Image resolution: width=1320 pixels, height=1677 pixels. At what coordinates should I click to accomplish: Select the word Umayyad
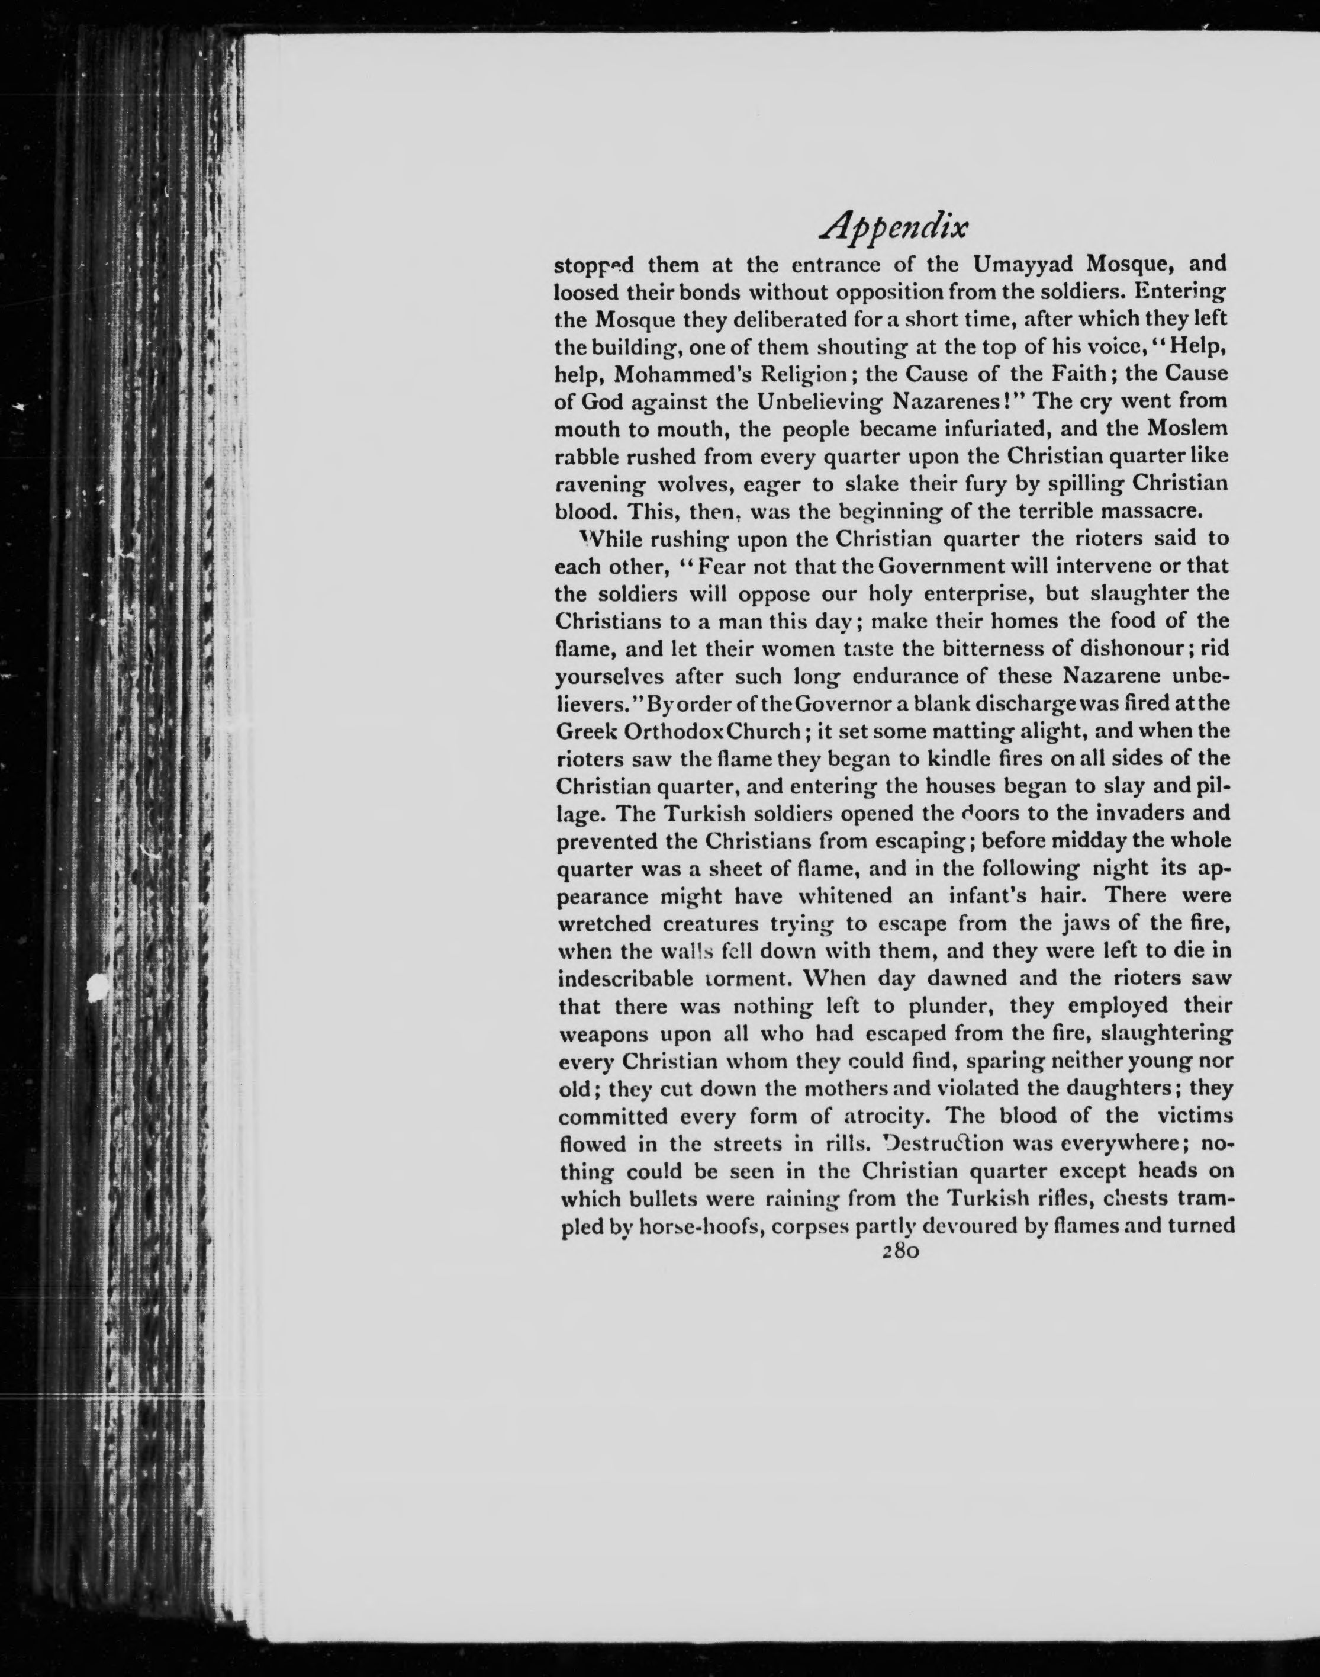pyautogui.click(x=1023, y=265)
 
